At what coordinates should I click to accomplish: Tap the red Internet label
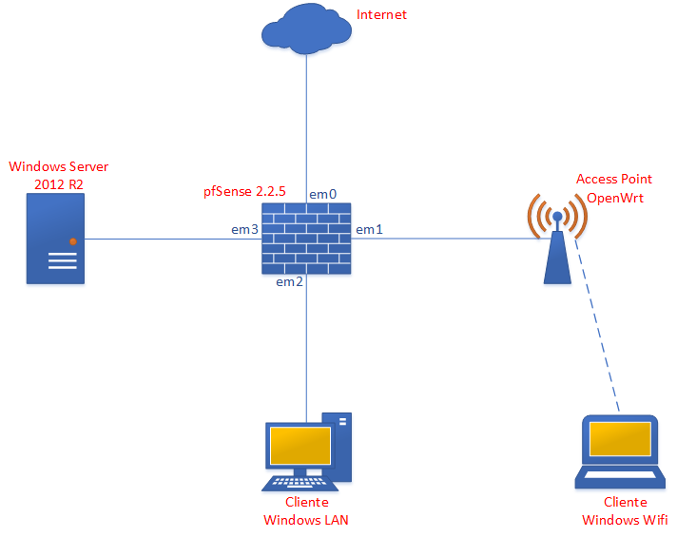point(380,15)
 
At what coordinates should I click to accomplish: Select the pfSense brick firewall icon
point(306,239)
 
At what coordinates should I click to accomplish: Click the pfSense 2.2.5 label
point(244,191)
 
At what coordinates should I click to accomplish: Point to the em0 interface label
point(322,194)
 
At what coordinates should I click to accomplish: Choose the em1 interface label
point(369,229)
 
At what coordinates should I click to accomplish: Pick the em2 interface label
point(289,282)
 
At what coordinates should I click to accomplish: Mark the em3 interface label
point(244,229)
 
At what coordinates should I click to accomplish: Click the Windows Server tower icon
point(54,240)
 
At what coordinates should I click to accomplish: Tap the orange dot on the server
point(72,241)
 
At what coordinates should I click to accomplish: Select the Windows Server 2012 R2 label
point(58,175)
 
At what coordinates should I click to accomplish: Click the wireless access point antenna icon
point(556,238)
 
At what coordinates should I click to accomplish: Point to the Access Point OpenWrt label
point(614,188)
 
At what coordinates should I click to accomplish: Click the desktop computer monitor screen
point(300,445)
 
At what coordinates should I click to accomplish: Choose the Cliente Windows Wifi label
point(625,510)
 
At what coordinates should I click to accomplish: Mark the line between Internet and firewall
point(306,124)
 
